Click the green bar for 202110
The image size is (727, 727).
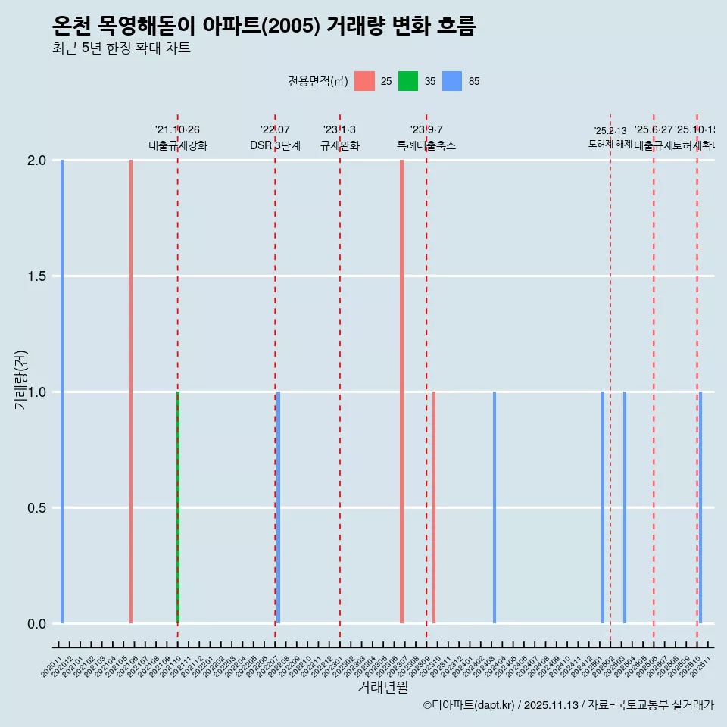(178, 507)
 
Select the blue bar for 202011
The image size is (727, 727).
(62, 392)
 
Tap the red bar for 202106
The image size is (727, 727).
(131, 392)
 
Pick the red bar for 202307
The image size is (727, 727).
(401, 392)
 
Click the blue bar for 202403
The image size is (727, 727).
(495, 507)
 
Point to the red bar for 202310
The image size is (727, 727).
(434, 507)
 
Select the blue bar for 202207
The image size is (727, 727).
(279, 507)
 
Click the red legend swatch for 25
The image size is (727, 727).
(365, 81)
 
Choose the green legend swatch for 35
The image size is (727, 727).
(408, 81)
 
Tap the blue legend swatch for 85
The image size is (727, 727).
(452, 81)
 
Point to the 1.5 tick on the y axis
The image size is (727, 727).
(36, 276)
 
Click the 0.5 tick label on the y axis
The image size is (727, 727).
(36, 508)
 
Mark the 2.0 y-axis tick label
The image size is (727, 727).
(36, 161)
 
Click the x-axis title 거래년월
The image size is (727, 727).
(383, 688)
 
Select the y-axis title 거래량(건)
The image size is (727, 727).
(21, 380)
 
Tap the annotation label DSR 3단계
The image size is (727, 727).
(276, 146)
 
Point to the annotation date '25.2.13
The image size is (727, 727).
(610, 131)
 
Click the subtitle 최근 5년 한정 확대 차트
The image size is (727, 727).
(121, 48)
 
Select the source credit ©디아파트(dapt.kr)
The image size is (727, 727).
(470, 706)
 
